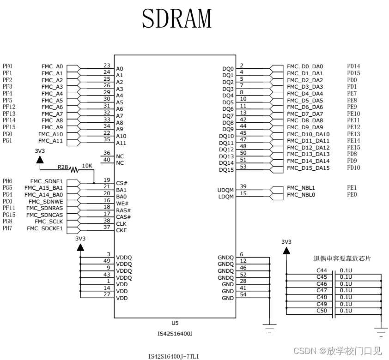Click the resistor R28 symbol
pyautogui.click(x=74, y=169)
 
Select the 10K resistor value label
pyautogui.click(x=87, y=165)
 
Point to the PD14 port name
pyautogui.click(x=353, y=66)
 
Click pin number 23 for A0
pyautogui.click(x=107, y=66)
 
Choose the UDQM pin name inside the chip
pyautogui.click(x=225, y=190)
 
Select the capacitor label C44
pyautogui.click(x=322, y=270)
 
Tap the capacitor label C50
pyautogui.click(x=322, y=311)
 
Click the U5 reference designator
pyautogui.click(x=175, y=323)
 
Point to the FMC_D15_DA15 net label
pyautogui.click(x=308, y=168)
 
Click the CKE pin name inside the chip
pyautogui.click(x=122, y=230)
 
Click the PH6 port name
pyautogui.click(x=7, y=181)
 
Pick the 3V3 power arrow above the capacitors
pyautogui.click(x=286, y=251)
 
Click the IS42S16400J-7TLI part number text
pyautogui.click(x=174, y=356)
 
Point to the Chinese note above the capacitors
pyautogui.click(x=342, y=259)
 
